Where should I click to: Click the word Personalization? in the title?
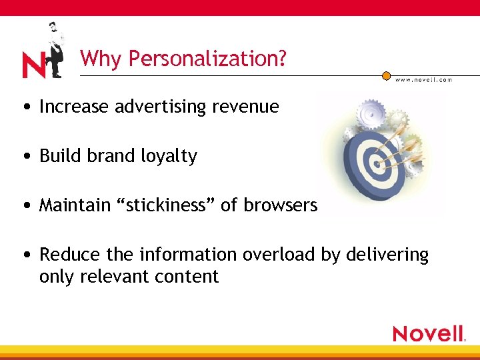[207, 59]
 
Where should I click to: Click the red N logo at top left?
[34, 65]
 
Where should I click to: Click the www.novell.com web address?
[423, 79]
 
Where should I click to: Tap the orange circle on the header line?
[387, 76]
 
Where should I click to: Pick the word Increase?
[75, 107]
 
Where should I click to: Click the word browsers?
[281, 205]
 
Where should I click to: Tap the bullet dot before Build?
[25, 157]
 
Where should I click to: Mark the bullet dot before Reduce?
[25, 255]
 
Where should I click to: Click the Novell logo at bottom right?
[428, 333]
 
